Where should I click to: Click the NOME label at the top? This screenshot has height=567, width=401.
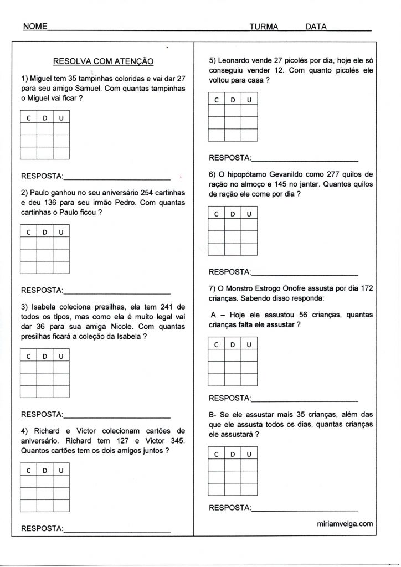point(34,26)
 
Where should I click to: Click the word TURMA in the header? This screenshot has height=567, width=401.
point(264,26)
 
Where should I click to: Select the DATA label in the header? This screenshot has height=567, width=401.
point(316,26)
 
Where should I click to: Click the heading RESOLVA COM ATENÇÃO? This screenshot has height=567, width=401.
point(103,62)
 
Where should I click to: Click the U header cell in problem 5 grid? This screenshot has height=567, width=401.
point(249,100)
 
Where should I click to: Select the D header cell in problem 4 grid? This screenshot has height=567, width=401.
point(45,471)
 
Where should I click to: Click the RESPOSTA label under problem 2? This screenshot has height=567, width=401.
point(42,290)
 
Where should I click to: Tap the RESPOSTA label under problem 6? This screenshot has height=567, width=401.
point(229,272)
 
